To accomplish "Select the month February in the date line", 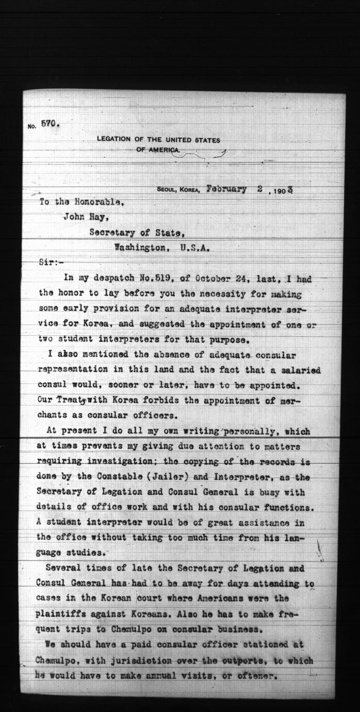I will coord(226,189).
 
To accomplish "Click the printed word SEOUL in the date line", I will coord(167,190).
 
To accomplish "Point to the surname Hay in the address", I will coord(99,217).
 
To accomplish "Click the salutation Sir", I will coord(50,262).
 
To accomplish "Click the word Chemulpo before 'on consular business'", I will coord(137,629).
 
